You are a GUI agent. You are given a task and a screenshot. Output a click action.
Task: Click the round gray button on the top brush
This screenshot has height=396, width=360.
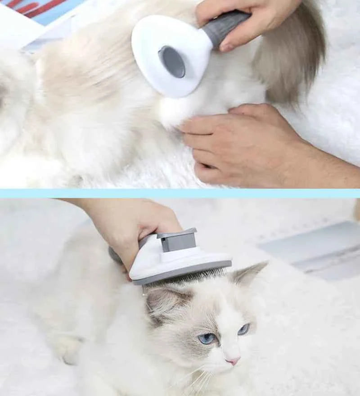(171, 62)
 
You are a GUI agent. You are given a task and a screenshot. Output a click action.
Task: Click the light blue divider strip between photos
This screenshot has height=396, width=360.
(180, 193)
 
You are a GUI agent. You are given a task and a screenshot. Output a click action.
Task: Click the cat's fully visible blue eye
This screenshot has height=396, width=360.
(207, 338)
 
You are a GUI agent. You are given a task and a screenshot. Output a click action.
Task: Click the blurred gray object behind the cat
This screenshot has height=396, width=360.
(310, 247)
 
